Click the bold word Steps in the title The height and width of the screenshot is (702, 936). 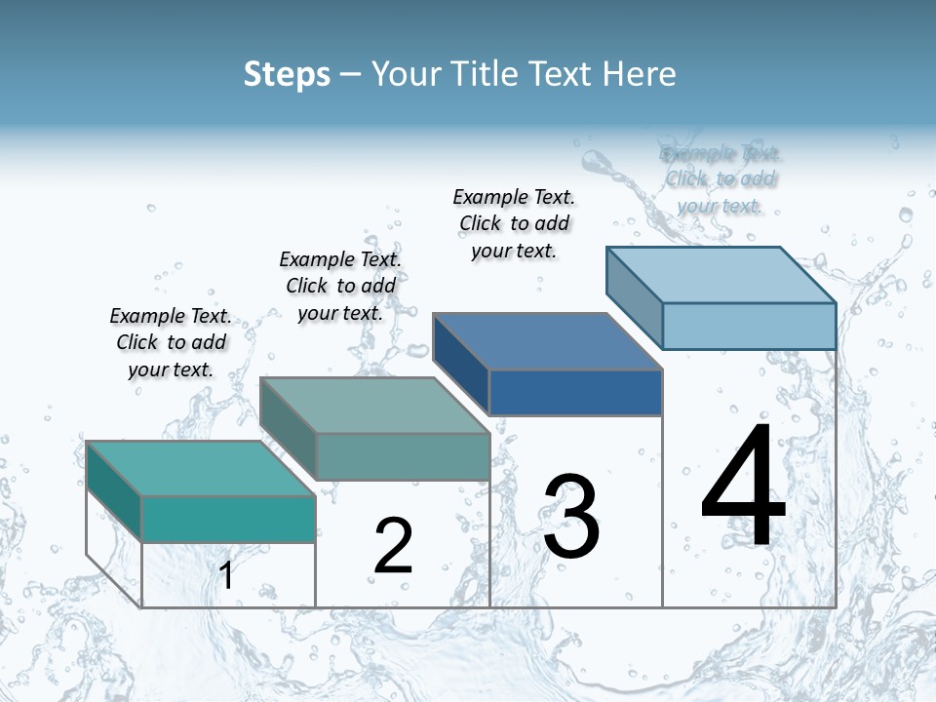pyautogui.click(x=287, y=74)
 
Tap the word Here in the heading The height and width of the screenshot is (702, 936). pyautogui.click(x=641, y=74)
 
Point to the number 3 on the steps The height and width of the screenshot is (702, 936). pyautogui.click(x=571, y=517)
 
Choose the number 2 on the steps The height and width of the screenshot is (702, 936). pyautogui.click(x=393, y=546)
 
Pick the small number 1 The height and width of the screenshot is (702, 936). pyautogui.click(x=226, y=575)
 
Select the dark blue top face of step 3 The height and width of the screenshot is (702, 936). pyautogui.click(x=547, y=341)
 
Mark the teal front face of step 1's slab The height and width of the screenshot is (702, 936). pyautogui.click(x=228, y=519)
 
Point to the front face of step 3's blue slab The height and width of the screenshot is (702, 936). pyautogui.click(x=575, y=392)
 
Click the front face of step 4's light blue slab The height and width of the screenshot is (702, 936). pyautogui.click(x=749, y=326)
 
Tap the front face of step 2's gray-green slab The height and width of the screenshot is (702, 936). pyautogui.click(x=402, y=456)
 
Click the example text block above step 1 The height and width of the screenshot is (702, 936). pyautogui.click(x=171, y=342)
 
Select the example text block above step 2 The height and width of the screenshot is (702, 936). pyautogui.click(x=340, y=286)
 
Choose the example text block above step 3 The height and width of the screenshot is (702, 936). pyautogui.click(x=514, y=223)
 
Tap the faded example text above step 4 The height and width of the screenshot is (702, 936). pyautogui.click(x=721, y=179)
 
